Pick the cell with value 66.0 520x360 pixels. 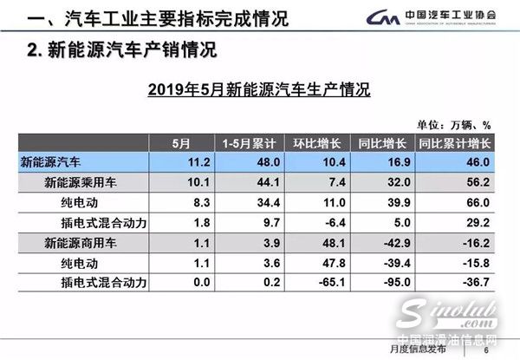pyautogui.click(x=479, y=203)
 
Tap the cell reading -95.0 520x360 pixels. pyautogui.click(x=398, y=283)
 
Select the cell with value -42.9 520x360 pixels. pyautogui.click(x=398, y=243)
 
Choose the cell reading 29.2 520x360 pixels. pyautogui.click(x=479, y=223)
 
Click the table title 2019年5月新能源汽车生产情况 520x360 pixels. pyautogui.click(x=259, y=88)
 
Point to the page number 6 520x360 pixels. pyautogui.click(x=486, y=349)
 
